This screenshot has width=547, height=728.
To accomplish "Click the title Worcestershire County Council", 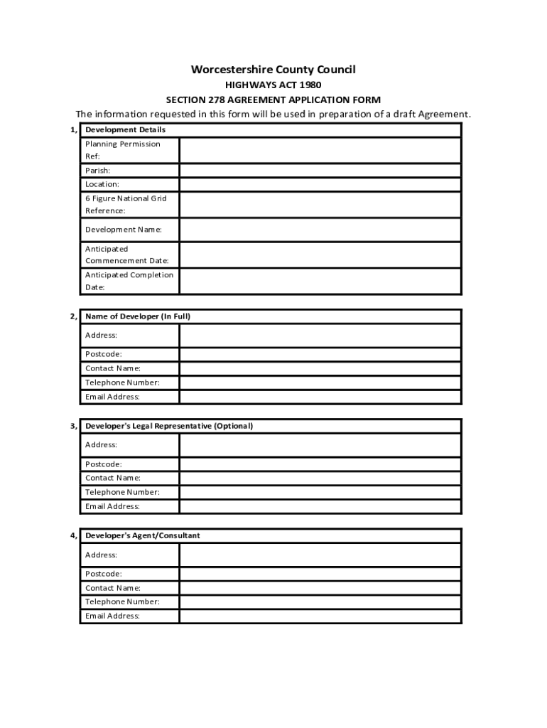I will point(273,69).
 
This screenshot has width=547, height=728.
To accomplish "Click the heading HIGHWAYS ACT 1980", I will point(273,85).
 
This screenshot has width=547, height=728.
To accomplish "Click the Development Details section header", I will point(125,130).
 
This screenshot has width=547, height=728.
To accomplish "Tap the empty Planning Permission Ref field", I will point(320,150).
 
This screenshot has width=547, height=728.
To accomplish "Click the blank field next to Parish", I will point(320,171).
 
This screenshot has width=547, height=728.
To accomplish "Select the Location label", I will point(102,184).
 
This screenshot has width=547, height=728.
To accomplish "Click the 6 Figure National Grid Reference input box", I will point(320,205).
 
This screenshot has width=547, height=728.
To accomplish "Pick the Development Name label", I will point(124,230).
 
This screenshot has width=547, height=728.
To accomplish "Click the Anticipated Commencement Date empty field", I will point(320,255).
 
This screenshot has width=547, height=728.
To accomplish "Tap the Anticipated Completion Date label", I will point(129,281).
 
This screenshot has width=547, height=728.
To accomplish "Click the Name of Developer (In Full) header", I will point(138,316).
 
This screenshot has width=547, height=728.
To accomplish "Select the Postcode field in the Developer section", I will point(320,354).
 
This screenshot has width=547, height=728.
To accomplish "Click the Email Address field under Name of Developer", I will point(320,397).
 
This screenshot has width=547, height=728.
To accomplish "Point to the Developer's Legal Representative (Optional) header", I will point(169,426).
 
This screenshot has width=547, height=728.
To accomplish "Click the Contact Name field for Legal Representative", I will point(320,478).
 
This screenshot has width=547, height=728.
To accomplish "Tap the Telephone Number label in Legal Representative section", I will point(122,492).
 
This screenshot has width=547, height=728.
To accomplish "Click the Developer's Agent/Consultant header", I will point(142,535).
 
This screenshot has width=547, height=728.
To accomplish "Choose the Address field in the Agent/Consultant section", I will point(320,555).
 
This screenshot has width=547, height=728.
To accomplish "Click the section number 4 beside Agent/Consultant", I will point(73,535).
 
